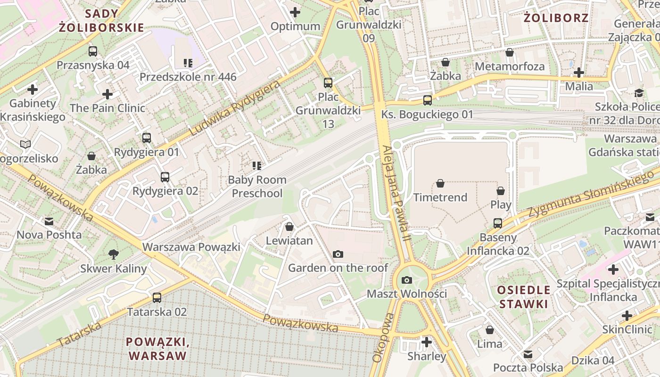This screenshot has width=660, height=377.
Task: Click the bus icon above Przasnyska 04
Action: coord(93,51)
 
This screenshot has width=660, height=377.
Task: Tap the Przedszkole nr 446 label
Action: coord(188,76)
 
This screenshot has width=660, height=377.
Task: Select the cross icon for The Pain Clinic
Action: coord(107,94)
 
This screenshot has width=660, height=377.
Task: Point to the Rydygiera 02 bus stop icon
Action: coord(165,177)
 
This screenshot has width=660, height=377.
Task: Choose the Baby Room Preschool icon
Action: coord(257,166)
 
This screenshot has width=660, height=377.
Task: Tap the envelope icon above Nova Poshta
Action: coord(49,221)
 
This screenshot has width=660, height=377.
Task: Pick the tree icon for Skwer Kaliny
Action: coord(113,255)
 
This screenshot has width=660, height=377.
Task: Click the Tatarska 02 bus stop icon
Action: coord(157,298)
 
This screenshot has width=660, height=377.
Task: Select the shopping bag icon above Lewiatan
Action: coord(289,227)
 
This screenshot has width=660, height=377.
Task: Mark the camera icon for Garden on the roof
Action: coord(338,254)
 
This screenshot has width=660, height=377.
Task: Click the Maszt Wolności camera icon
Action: coord(407,280)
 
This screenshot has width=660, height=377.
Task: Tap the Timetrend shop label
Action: coord(440,197)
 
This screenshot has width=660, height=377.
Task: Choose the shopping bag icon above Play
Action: coord(501,191)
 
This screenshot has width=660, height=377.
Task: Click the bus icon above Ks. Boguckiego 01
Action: coord(428,100)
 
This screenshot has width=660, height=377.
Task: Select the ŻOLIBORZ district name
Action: coord(556,18)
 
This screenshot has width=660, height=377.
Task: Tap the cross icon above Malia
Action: coord(579,73)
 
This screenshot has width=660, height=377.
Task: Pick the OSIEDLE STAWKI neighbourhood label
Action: coord(523,296)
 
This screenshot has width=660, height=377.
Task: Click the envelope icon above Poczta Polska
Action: coord(528,354)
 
